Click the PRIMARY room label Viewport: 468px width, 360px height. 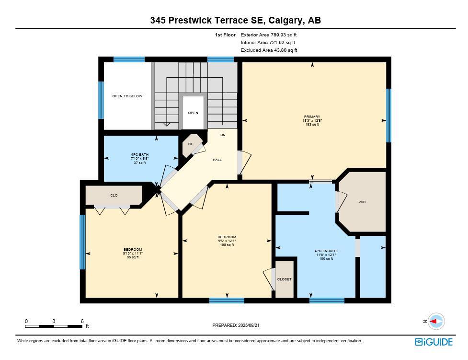312,116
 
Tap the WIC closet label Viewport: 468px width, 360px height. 362,202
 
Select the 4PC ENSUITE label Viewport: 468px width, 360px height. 326,251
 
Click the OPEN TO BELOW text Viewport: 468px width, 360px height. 127,96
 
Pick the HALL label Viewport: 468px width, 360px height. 217,160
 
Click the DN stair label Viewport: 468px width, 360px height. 223,135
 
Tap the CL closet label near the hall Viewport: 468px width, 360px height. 190,144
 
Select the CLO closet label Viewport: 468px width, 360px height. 114,196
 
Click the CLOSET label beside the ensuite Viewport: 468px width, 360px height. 284,279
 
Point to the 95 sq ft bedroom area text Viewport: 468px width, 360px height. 133,257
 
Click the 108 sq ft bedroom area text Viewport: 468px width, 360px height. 227,245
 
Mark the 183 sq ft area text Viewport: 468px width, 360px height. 312,125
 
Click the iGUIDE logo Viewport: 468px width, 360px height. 434,342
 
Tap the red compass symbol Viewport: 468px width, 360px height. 436,321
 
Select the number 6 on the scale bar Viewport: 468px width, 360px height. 82,321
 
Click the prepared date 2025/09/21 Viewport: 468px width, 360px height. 249,325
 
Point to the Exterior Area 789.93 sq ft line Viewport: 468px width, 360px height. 269,35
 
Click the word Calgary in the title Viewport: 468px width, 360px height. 285,20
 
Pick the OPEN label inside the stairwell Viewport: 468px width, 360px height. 193,113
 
